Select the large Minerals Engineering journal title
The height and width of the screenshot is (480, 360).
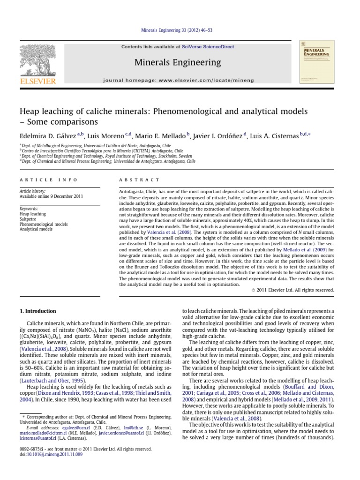[x=178, y=62]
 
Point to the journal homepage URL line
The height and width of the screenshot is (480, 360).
[x=178, y=81]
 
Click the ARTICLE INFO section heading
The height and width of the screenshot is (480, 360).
[x=42, y=180]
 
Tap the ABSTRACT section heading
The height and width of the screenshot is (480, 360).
[x=140, y=180]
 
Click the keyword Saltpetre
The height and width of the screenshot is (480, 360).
[x=29, y=219]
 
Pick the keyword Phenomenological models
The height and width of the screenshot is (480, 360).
[x=44, y=224]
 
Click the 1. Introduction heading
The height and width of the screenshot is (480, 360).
[x=37, y=311]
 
